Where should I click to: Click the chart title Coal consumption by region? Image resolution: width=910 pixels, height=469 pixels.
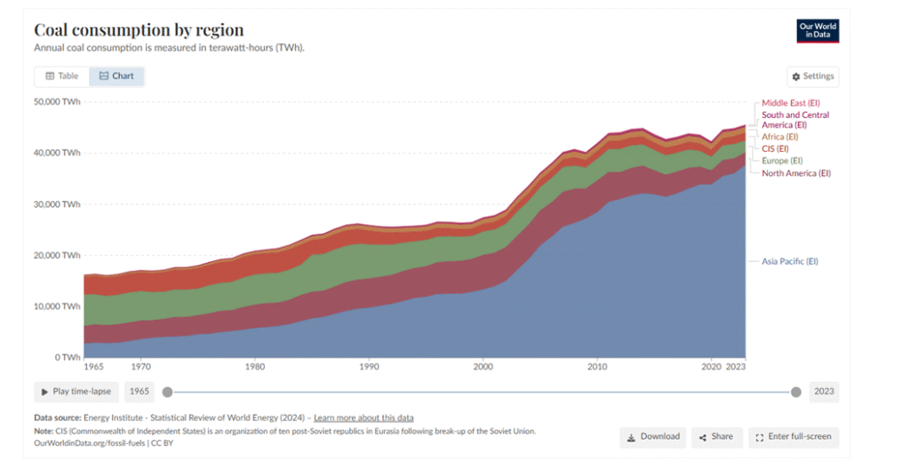(x=139, y=30)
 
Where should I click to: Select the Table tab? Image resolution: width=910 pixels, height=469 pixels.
(x=62, y=76)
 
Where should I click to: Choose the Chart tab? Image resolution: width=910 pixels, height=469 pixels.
(x=116, y=76)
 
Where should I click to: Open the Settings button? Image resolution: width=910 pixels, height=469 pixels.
(x=812, y=76)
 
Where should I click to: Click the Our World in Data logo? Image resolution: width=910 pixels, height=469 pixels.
(x=818, y=30)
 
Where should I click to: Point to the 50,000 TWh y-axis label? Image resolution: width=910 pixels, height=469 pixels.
(x=57, y=101)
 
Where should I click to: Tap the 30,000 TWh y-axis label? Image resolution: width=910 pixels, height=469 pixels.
(x=57, y=204)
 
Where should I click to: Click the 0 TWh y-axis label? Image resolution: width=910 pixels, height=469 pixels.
(x=67, y=357)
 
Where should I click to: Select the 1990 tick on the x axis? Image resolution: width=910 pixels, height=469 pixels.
(x=369, y=366)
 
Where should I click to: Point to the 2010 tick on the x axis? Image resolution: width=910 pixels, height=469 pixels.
(x=597, y=366)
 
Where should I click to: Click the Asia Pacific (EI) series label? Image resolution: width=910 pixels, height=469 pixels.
(x=789, y=261)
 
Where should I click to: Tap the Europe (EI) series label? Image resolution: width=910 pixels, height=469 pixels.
(x=782, y=161)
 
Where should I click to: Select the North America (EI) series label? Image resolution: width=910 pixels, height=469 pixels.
(x=795, y=173)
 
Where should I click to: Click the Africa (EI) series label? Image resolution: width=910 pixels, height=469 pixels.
(x=779, y=137)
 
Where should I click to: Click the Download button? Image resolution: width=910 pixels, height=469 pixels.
(x=653, y=437)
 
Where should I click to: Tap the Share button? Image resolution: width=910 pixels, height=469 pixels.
(x=716, y=437)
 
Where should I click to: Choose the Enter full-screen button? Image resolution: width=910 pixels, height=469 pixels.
(x=794, y=437)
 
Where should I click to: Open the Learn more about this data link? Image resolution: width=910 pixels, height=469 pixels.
(x=363, y=417)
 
